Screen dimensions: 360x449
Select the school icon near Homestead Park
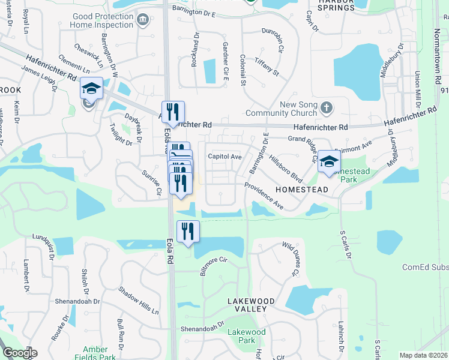(329, 161)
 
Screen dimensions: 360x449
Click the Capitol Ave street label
(224, 157)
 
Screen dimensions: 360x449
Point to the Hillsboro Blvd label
(285, 165)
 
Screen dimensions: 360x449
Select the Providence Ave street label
(264, 196)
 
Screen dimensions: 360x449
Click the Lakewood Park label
(246, 336)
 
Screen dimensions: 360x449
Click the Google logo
(20, 353)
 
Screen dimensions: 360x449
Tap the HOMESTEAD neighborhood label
(301, 190)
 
